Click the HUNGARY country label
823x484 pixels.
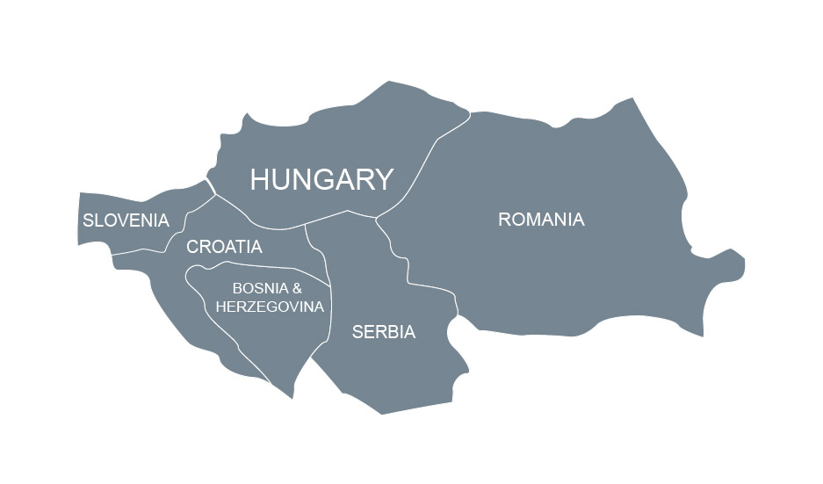tap(321, 179)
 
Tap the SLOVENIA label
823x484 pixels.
tap(126, 220)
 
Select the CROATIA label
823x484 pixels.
tap(224, 247)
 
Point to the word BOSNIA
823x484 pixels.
tap(256, 288)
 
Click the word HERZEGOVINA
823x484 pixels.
tap(270, 307)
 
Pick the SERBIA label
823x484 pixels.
tap(383, 332)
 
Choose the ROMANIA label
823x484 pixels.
tap(541, 220)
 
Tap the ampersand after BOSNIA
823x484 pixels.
tap(297, 288)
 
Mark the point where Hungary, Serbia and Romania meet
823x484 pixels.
tap(375, 217)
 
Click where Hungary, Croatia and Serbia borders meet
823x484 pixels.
tap(305, 225)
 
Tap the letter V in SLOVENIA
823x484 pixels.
tap(120, 220)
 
